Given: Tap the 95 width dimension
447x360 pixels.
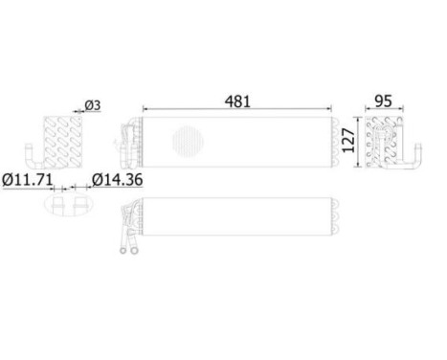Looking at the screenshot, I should (383, 99).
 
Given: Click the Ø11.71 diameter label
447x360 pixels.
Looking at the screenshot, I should (25, 179).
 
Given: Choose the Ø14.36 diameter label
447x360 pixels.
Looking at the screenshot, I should (118, 179).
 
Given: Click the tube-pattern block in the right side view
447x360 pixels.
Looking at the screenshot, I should (381, 142).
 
